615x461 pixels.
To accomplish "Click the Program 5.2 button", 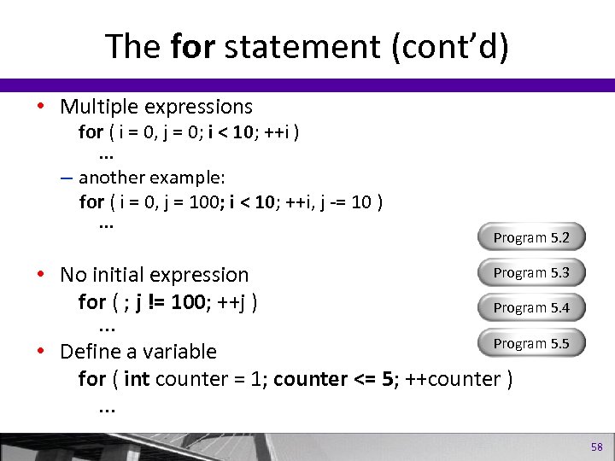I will click(x=531, y=237).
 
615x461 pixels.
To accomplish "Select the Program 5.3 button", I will click(x=531, y=273).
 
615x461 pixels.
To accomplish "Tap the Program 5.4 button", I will click(x=531, y=308).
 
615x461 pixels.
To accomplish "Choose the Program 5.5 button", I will click(x=531, y=343).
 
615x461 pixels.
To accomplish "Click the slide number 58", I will click(x=596, y=447).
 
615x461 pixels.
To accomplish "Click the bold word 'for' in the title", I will click(x=193, y=47).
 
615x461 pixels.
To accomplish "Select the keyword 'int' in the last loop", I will click(x=136, y=378).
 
